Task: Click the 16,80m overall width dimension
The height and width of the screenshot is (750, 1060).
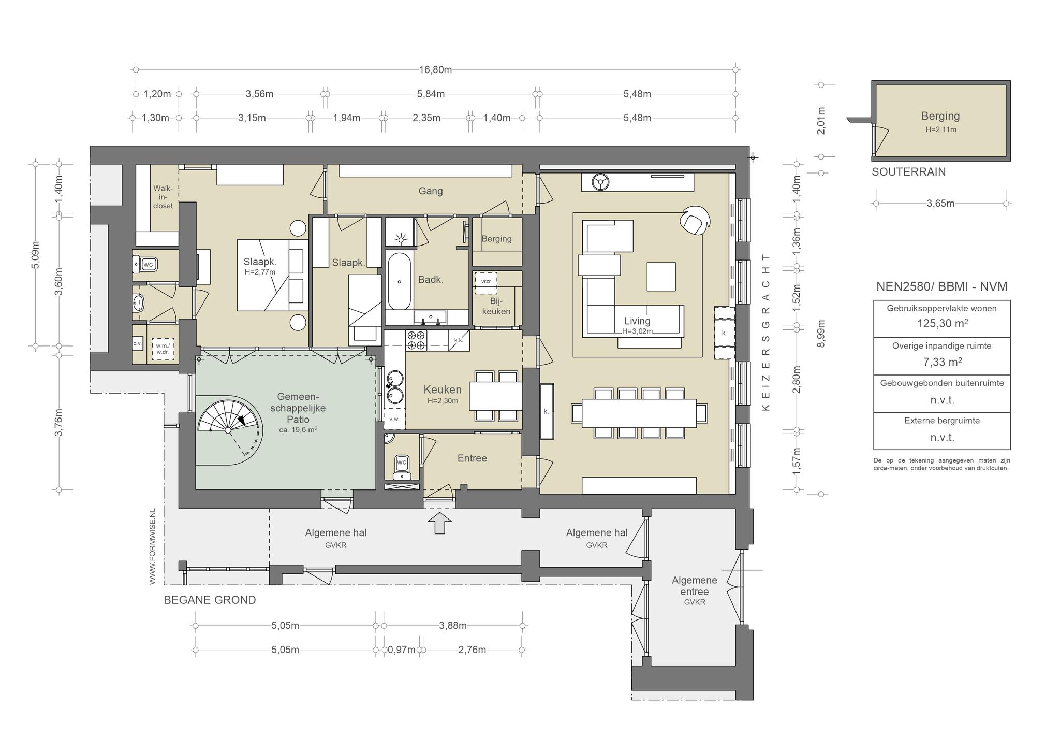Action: tap(435, 69)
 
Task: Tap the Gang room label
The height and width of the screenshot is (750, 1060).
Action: tap(431, 191)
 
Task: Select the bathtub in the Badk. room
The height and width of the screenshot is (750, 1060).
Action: tap(399, 281)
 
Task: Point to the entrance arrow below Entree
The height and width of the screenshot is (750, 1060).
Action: tap(439, 522)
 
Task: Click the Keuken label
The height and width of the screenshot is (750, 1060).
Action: tap(443, 390)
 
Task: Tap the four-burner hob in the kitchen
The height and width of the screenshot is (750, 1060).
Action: tap(417, 340)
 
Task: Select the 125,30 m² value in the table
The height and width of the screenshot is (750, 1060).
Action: tap(942, 323)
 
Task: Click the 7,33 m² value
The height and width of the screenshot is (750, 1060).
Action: tap(942, 362)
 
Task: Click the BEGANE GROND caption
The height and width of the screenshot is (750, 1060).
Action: tap(210, 600)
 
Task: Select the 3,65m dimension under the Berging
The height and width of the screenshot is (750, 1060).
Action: tap(940, 204)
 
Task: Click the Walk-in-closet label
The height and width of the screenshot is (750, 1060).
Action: tap(163, 197)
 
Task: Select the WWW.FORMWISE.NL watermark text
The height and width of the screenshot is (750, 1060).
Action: tap(152, 547)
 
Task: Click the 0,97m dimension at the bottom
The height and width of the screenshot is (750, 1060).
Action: tap(402, 650)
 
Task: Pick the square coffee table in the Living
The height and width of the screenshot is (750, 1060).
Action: tap(661, 277)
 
